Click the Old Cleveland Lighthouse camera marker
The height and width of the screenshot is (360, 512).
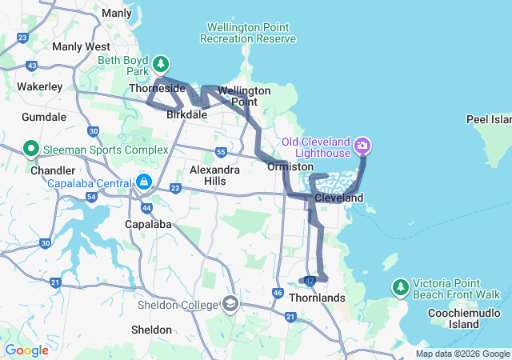[x=362, y=145]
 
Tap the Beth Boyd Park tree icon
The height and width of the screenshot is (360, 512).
[x=161, y=63]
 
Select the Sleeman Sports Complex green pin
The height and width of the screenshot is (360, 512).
[x=31, y=149]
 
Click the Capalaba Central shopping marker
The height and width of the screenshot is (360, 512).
[x=143, y=182]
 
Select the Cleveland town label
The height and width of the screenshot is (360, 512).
[x=338, y=198]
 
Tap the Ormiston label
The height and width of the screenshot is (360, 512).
[x=290, y=166]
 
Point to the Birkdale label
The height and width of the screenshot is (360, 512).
[x=187, y=114]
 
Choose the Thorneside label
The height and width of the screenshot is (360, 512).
[x=157, y=89]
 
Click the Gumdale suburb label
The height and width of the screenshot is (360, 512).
[x=44, y=117]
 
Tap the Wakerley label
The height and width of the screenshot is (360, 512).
[x=40, y=86]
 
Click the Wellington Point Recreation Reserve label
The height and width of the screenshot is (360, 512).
[x=247, y=33]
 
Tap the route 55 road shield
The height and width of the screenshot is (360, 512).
[x=221, y=152]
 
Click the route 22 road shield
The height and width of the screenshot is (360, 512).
[x=176, y=188]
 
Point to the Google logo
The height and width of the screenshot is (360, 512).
[x=26, y=350]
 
